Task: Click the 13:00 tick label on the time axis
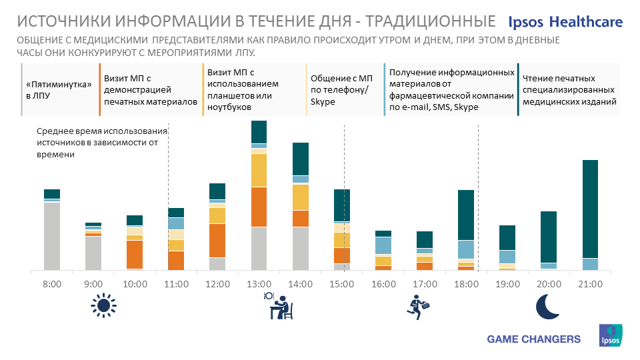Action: point(259,284)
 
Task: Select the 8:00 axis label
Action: point(52,284)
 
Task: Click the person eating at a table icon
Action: point(279,306)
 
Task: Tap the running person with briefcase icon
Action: point(418,306)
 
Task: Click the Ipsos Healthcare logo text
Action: point(565,22)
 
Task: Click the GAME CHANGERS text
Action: point(534,339)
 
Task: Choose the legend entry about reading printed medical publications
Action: point(569,90)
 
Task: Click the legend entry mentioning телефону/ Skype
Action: point(343,90)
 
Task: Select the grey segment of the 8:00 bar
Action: point(52,236)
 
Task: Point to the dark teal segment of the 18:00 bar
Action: point(467,215)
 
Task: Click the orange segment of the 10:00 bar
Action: point(135,254)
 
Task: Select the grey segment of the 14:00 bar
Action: point(301,249)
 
